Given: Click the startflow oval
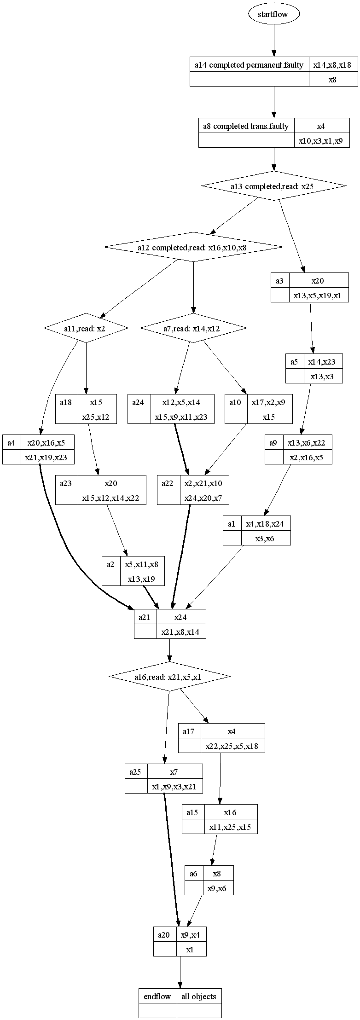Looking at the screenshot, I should click(274, 14).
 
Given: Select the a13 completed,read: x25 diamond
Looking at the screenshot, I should click(274, 186).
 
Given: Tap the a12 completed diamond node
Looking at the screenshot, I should click(193, 247).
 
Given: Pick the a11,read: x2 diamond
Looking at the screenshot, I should click(86, 328).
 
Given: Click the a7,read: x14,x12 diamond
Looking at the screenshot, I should click(193, 328).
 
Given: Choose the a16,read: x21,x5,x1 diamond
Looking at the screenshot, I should click(169, 677).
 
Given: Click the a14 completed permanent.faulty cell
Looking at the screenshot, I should click(249, 65).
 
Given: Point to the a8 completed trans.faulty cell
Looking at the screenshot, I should click(246, 126).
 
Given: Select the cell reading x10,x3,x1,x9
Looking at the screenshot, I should click(321, 141).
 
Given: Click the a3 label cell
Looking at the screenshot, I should click(280, 281).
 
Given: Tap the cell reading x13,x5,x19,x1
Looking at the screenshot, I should click(318, 296).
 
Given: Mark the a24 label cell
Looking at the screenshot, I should click(139, 402).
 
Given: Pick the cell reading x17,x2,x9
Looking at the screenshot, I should click(269, 402).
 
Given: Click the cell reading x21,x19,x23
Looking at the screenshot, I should click(47, 458).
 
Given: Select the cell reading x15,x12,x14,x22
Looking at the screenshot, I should click(111, 498).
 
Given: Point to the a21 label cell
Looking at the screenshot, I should click(145, 617).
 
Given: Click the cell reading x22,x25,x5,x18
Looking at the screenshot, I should click(232, 746).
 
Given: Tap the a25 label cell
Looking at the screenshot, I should click(136, 772).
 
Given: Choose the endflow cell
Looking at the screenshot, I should click(157, 997).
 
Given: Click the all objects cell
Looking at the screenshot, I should click(199, 997).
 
